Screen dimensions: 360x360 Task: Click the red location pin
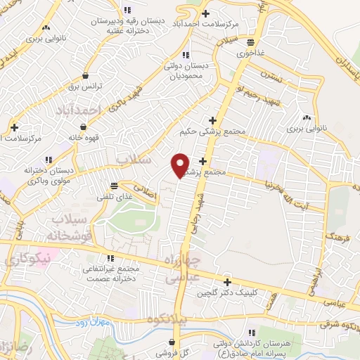pyautogui.click(x=181, y=164)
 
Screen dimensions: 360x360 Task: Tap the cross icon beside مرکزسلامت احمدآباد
pyautogui.click(x=205, y=13)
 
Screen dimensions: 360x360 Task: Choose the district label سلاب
pyautogui.click(x=133, y=160)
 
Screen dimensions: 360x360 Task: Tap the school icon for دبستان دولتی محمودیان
pyautogui.click(x=185, y=55)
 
